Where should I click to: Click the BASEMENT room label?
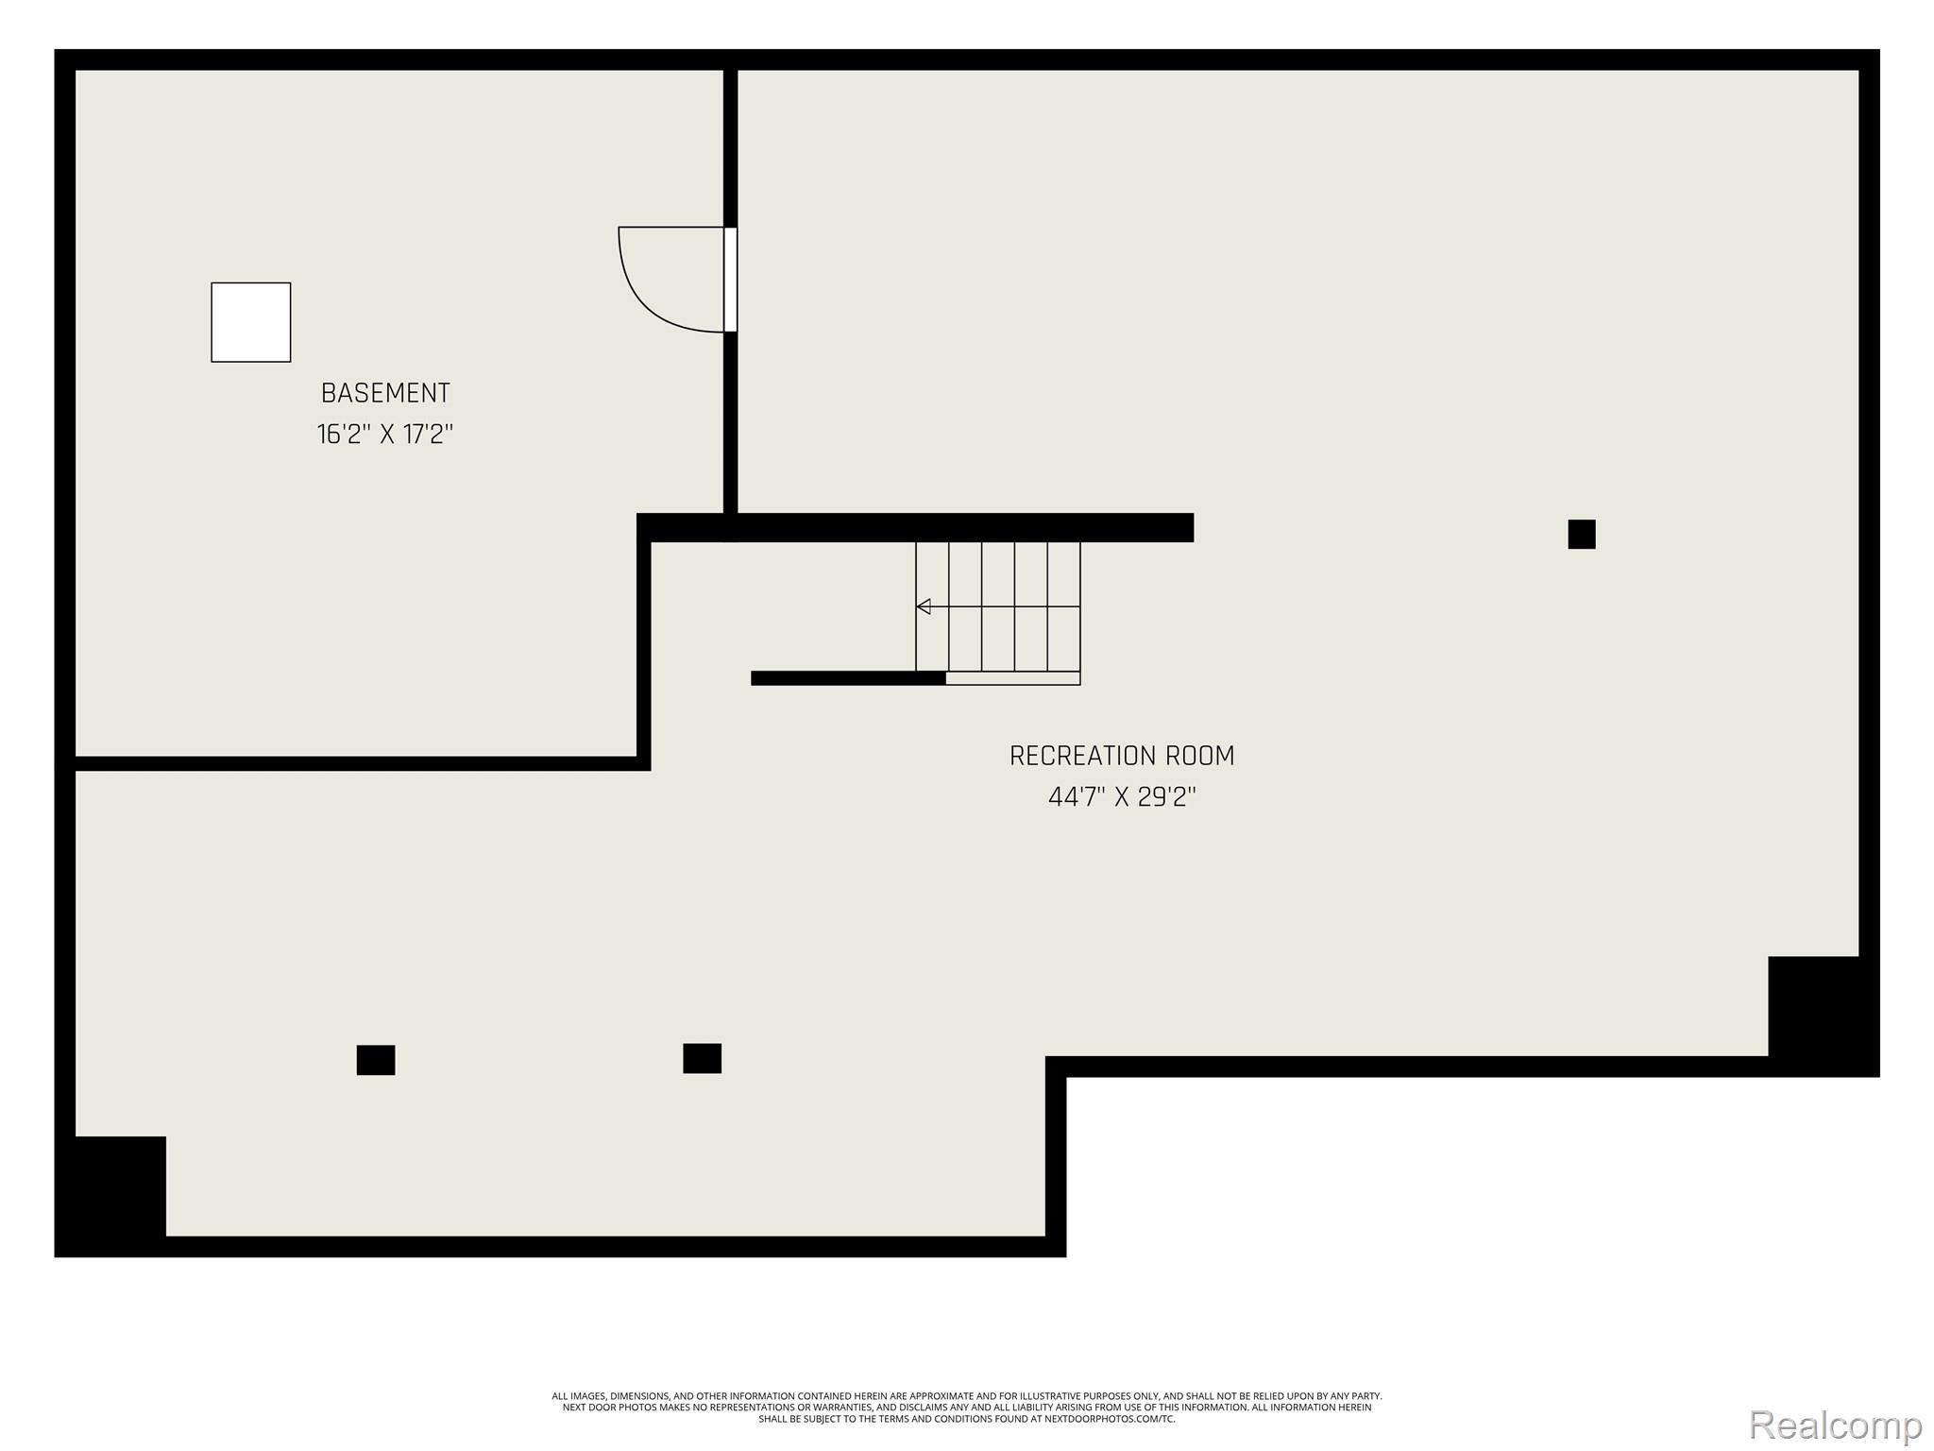pos(385,393)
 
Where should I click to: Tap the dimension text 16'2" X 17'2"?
pos(385,435)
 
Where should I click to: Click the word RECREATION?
pos(1082,756)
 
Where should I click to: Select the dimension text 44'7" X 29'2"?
pos(1122,797)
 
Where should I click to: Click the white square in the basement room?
pos(251,322)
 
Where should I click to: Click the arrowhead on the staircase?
pos(924,606)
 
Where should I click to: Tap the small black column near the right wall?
pos(1582,534)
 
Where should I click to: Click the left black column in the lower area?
pos(376,1060)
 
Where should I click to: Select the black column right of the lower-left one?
pos(702,1058)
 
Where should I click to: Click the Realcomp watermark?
pos(1835,1425)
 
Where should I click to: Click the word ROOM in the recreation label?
pos(1200,756)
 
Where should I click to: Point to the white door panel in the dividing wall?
pos(730,280)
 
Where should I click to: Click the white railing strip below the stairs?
pos(1012,678)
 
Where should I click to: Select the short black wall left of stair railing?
pos(848,678)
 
